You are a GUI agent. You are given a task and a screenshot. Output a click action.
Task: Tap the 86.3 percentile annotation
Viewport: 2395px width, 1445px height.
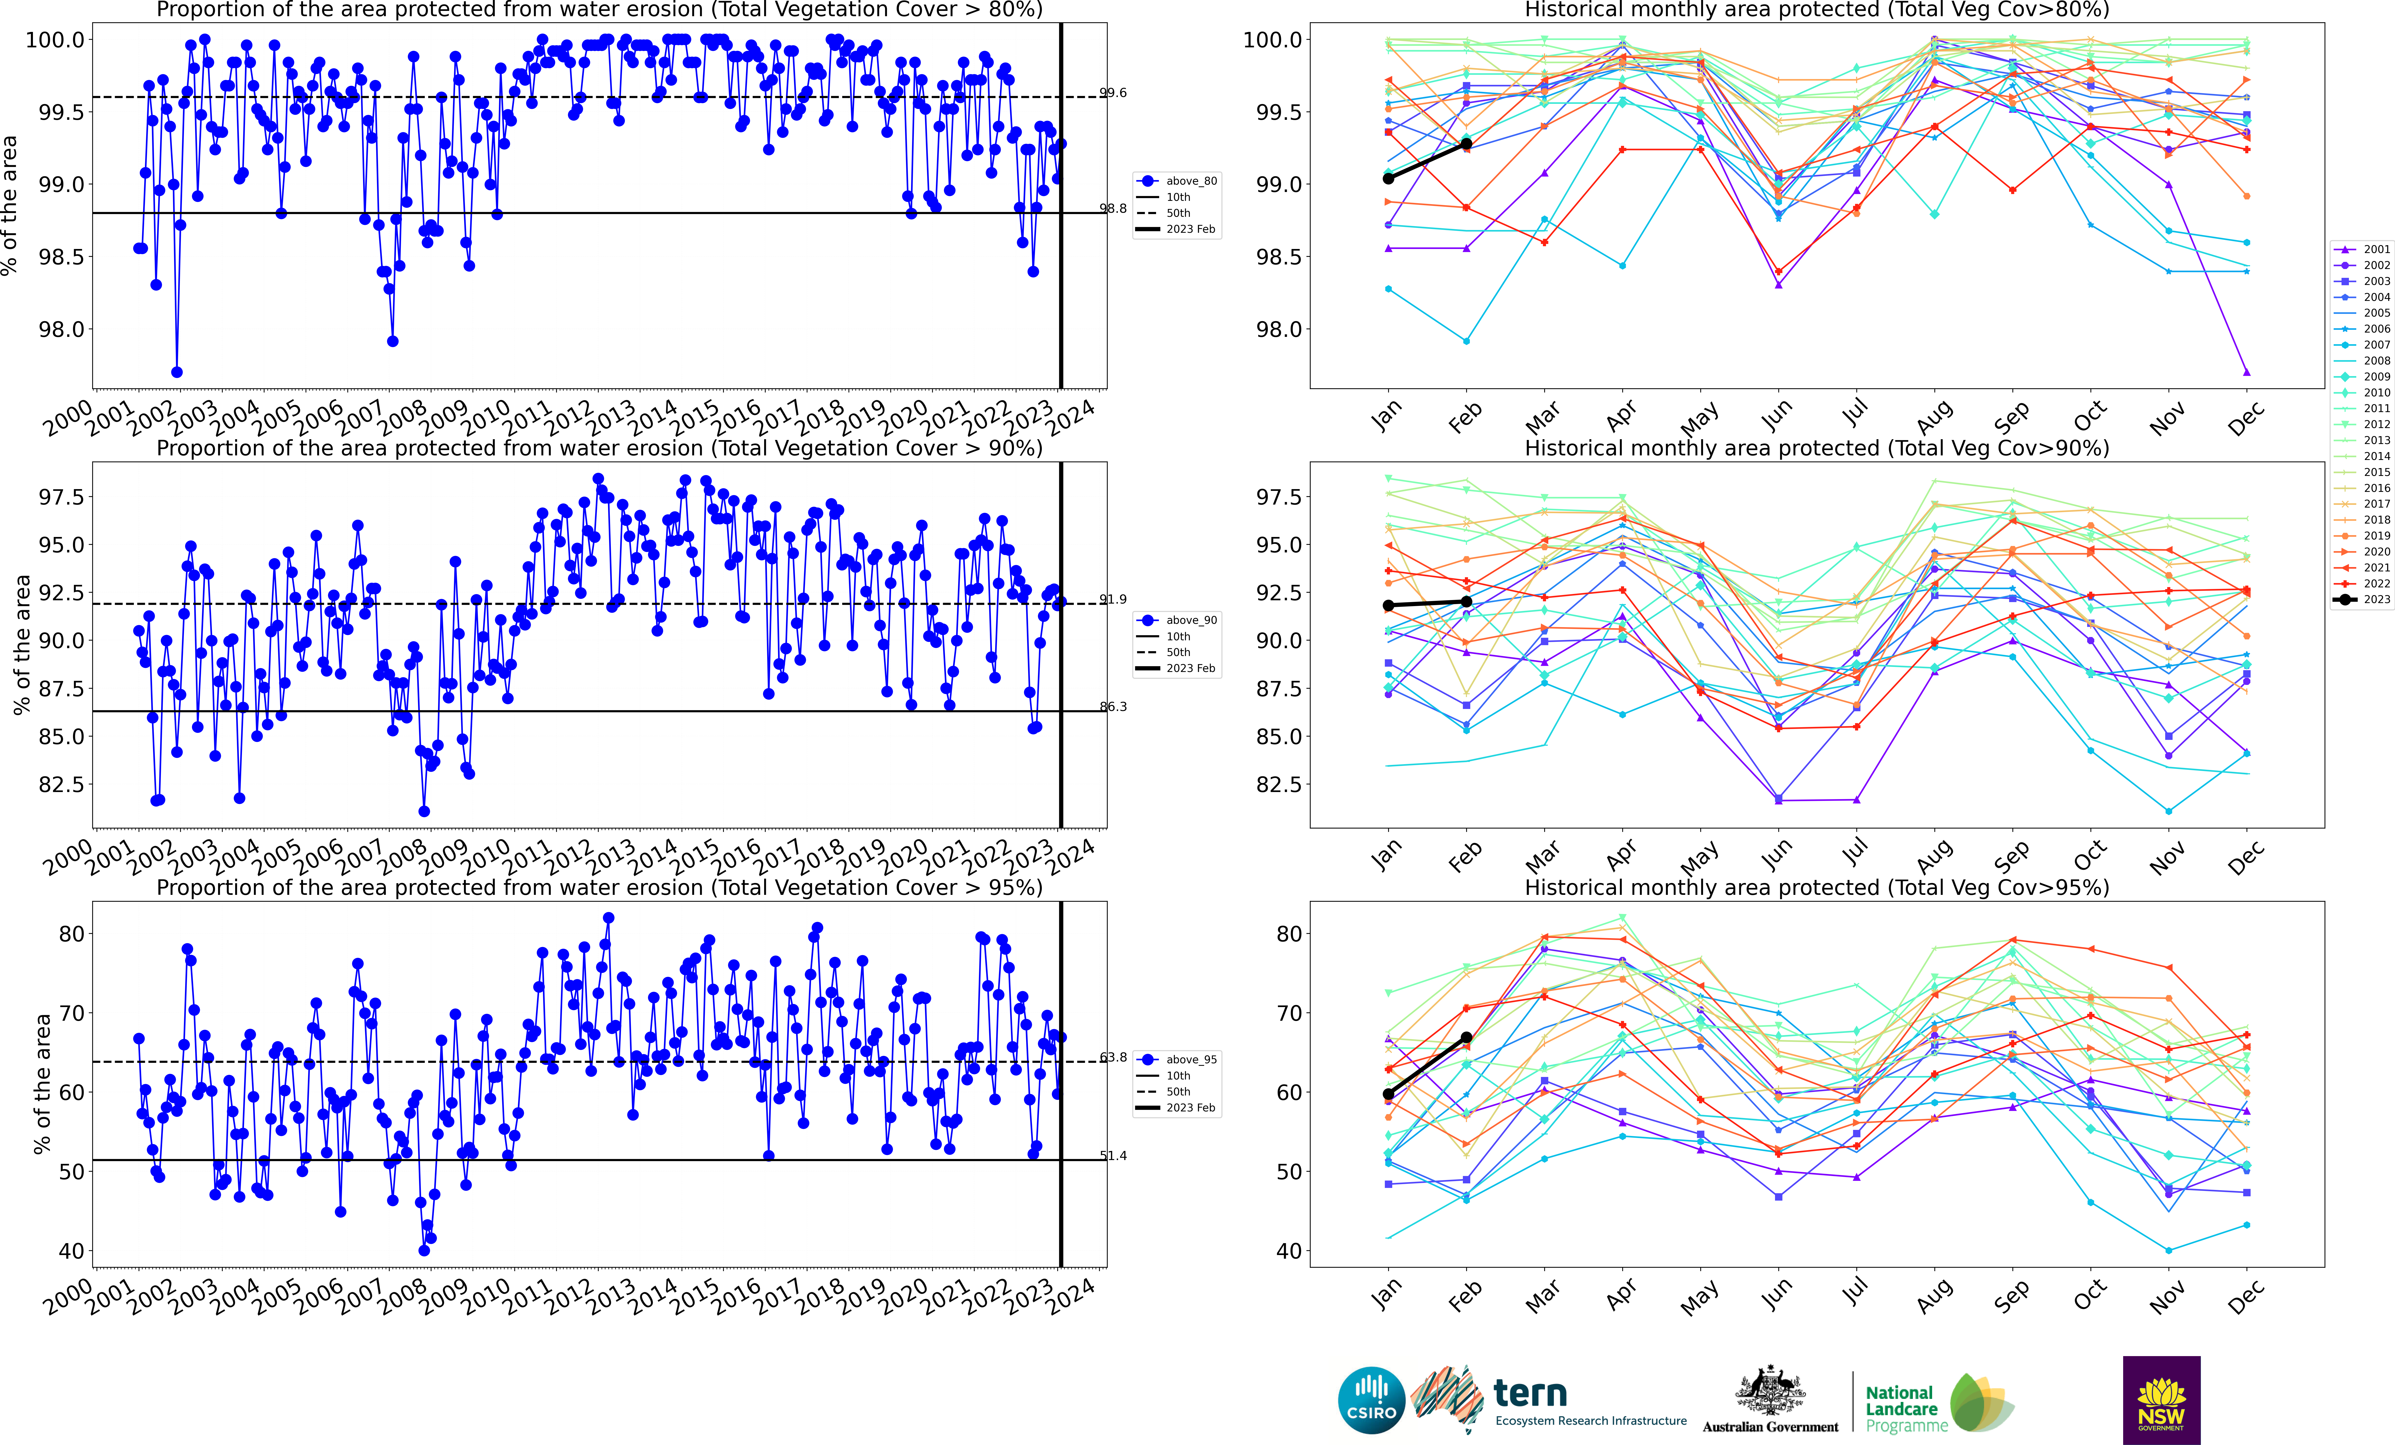1113,706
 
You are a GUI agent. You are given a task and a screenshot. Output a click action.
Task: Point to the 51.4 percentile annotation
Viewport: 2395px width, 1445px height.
1113,1155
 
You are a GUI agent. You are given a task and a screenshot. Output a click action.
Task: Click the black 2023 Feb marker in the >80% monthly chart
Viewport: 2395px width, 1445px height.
1466,144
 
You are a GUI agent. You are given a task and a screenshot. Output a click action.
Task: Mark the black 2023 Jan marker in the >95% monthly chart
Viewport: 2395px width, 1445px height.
1388,1094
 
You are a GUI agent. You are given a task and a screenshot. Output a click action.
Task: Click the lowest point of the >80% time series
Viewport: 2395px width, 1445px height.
177,372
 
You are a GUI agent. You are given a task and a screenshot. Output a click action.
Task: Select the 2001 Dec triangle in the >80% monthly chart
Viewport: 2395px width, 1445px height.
2246,372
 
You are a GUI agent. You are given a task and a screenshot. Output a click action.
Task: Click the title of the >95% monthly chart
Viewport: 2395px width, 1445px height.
1817,887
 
